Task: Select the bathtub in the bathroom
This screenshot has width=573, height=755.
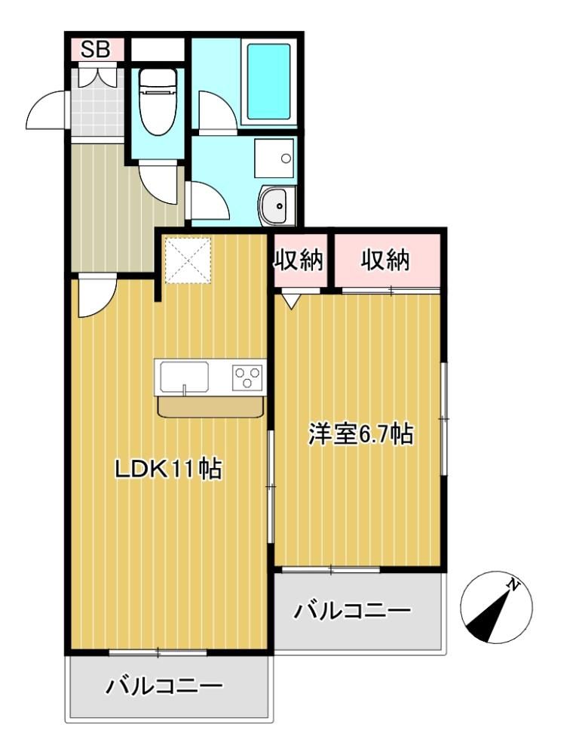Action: pyautogui.click(x=268, y=82)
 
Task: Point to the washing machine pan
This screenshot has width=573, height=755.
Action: pyautogui.click(x=274, y=159)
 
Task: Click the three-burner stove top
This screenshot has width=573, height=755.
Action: pyautogui.click(x=248, y=377)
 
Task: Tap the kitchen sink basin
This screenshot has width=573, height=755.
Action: pyautogui.click(x=185, y=377)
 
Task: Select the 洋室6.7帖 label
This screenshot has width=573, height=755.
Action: pyautogui.click(x=361, y=434)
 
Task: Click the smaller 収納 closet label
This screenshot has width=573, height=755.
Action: pyautogui.click(x=299, y=260)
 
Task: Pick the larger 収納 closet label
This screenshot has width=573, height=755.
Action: pyautogui.click(x=385, y=260)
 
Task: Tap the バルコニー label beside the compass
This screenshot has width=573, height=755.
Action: pyautogui.click(x=353, y=611)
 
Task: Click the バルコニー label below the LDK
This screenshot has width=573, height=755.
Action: pyautogui.click(x=165, y=686)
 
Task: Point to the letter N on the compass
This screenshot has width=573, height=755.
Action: pyautogui.click(x=514, y=584)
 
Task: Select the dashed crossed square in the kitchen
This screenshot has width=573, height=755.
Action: pyautogui.click(x=188, y=260)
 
